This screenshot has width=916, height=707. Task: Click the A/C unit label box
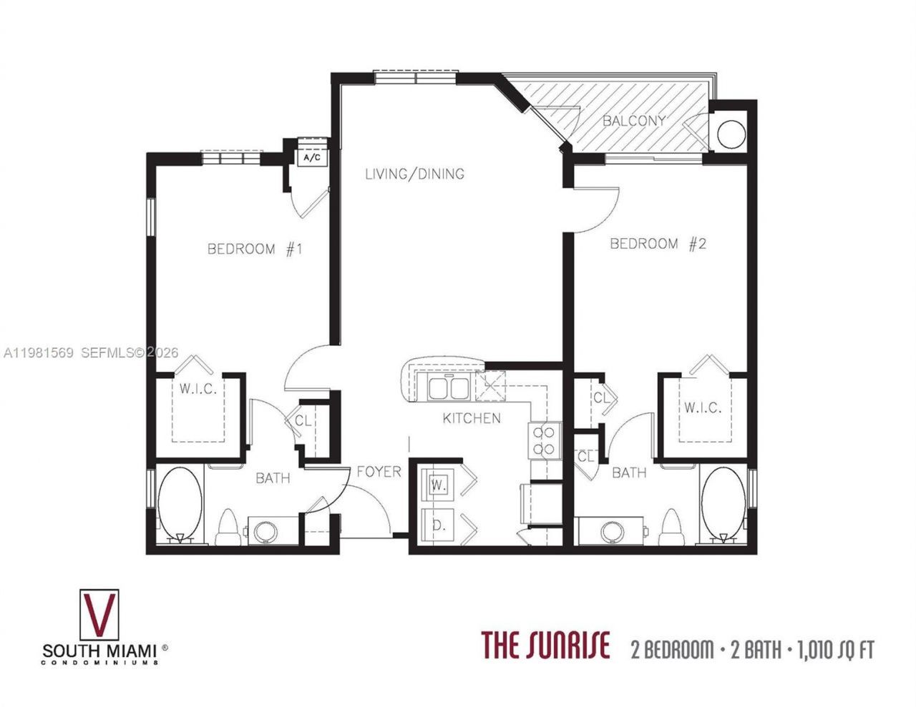pos(313,157)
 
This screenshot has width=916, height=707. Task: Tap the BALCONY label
pos(634,120)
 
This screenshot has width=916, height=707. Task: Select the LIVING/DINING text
pos(414,174)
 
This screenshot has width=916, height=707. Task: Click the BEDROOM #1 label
pos(255,249)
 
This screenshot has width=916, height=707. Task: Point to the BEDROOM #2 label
pos(658,244)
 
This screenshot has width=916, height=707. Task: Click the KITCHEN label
pos(472,418)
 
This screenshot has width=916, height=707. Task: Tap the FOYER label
pos(379,472)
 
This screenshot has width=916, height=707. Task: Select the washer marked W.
pos(438,485)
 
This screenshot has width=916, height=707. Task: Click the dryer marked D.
pos(438,525)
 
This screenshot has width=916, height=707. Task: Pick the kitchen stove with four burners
pos(544,440)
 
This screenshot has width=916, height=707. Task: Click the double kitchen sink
pos(448,388)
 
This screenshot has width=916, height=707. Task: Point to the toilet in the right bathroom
pos(671,528)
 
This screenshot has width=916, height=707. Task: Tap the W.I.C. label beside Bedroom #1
pos(198,390)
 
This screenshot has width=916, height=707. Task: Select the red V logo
pos(99,615)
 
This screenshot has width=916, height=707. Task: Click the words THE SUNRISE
pos(545,645)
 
